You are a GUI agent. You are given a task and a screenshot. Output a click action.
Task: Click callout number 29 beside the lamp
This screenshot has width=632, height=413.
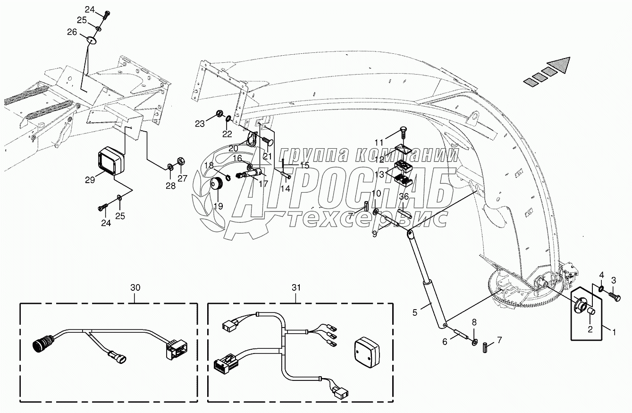90,179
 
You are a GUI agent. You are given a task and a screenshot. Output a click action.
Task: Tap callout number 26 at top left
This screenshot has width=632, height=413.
72,32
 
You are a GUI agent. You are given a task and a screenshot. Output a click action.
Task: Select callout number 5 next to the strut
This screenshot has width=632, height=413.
415,312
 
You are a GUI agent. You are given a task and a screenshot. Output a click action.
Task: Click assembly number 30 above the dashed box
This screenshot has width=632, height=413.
135,287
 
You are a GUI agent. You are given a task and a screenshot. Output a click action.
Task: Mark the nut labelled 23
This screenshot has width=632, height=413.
219,114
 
